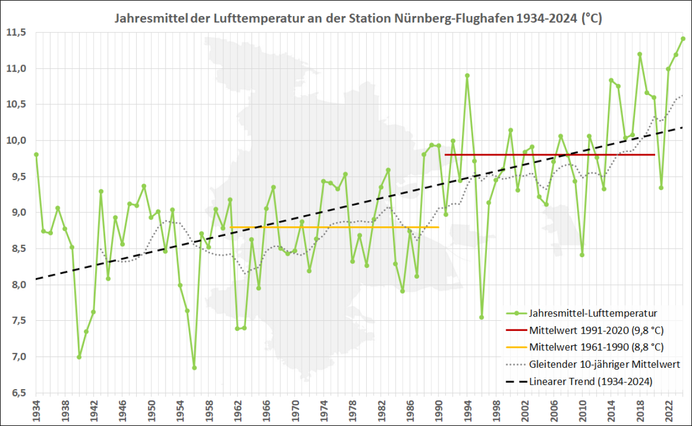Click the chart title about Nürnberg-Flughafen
tap(359, 19)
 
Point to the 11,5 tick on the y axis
tap(16, 33)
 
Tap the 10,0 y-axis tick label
tap(16, 141)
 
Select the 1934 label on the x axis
tap(36, 410)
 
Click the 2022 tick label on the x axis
tap(668, 410)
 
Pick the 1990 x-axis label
tap(438, 410)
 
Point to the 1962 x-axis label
tap(237, 410)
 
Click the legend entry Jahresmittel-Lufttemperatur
tap(593, 313)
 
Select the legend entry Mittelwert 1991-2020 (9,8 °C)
tap(596, 330)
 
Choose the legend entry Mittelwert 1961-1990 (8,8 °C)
tap(596, 347)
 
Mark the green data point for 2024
tap(683, 39)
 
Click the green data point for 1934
tap(36, 155)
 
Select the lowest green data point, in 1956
tap(194, 368)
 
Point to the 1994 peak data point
tap(467, 76)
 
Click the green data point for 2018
tap(640, 54)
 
